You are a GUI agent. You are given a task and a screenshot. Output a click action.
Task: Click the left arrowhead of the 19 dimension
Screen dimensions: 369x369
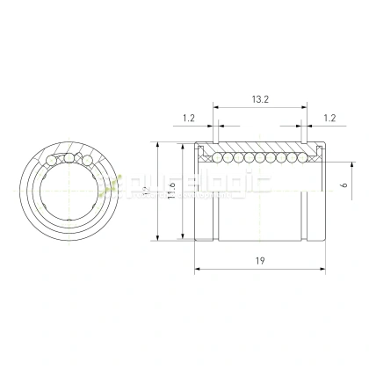195,269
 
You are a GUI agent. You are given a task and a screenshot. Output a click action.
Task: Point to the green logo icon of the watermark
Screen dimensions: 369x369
111,185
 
